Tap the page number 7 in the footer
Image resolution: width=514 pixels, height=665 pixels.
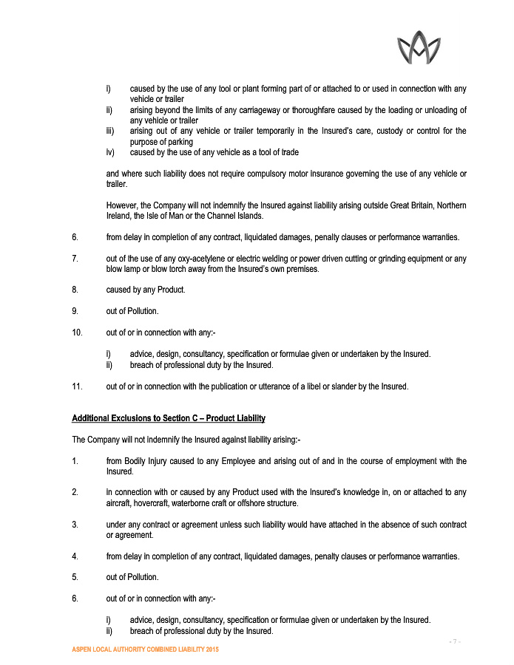[x=456, y=641]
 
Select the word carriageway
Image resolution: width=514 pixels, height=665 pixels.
[x=277, y=110]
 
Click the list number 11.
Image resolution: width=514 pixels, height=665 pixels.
[x=76, y=386]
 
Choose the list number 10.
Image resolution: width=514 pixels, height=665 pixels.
[x=77, y=332]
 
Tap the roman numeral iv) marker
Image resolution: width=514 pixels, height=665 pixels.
[x=110, y=152]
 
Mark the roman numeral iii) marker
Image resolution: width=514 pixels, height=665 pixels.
[x=109, y=131]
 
